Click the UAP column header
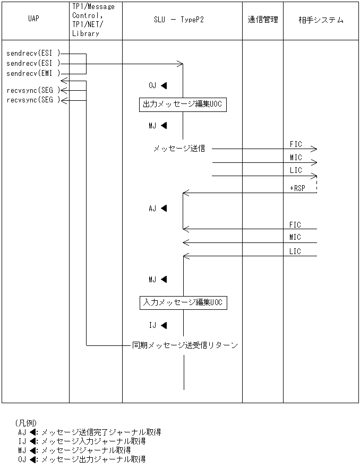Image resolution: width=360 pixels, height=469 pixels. (x=33, y=20)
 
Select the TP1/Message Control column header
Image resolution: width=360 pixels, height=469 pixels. (x=92, y=20)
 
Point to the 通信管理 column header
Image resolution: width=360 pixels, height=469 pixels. (x=262, y=20)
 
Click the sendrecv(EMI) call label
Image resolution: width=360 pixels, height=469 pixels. (x=33, y=73)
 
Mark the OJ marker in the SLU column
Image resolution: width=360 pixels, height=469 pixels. (x=158, y=85)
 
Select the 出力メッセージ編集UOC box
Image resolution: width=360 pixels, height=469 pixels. (x=182, y=105)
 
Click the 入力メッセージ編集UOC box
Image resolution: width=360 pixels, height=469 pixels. (x=183, y=302)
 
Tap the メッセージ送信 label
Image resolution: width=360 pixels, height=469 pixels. (x=179, y=149)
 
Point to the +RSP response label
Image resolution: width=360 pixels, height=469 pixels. (x=297, y=188)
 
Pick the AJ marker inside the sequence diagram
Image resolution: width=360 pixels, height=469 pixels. (x=158, y=209)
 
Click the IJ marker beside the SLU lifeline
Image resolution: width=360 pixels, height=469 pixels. (x=158, y=325)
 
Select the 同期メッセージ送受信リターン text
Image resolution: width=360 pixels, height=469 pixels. (x=184, y=345)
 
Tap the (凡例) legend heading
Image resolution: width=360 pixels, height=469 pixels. (x=25, y=423)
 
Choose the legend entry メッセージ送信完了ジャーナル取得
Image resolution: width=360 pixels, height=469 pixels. (x=100, y=432)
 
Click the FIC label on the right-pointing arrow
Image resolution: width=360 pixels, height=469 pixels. (x=296, y=144)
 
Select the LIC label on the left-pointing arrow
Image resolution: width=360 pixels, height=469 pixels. (x=295, y=251)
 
